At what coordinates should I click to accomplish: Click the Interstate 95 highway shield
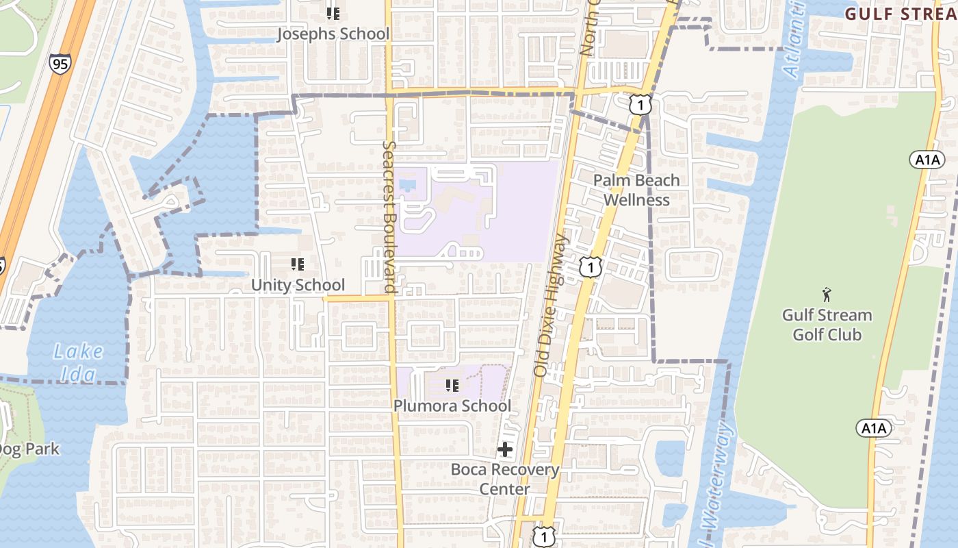click(x=60, y=64)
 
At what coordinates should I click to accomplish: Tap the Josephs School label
click(x=333, y=34)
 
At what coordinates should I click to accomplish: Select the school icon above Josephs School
click(x=333, y=13)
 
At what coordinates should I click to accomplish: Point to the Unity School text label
click(x=298, y=285)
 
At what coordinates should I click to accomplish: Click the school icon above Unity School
click(x=298, y=264)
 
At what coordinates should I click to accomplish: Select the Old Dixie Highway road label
click(x=552, y=306)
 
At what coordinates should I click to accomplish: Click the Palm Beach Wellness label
click(x=636, y=190)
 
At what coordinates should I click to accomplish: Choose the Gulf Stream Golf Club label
click(x=827, y=325)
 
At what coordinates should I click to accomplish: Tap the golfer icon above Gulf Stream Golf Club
click(x=827, y=295)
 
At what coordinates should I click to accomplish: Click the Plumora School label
click(x=452, y=406)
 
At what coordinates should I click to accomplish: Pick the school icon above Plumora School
click(x=452, y=386)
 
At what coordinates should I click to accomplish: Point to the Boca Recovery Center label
click(x=505, y=479)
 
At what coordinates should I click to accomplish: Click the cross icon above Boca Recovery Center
click(x=505, y=449)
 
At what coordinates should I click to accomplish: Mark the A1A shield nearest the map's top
click(x=927, y=160)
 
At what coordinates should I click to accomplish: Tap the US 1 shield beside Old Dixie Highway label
click(x=589, y=267)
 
